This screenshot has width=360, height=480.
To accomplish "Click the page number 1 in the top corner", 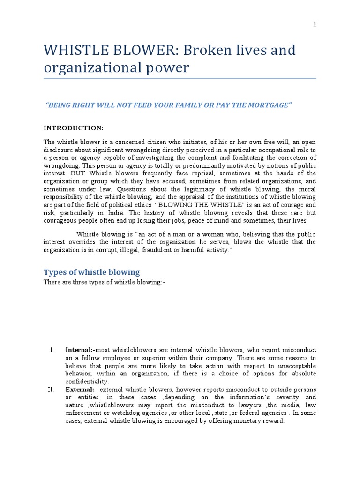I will (x=315, y=25).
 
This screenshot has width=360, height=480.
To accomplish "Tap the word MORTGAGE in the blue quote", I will (x=270, y=105).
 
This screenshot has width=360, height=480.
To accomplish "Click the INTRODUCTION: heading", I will (x=74, y=128).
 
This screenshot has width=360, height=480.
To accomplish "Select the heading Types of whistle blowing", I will (x=91, y=272).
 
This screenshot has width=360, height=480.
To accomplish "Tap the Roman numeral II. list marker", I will (x=52, y=390).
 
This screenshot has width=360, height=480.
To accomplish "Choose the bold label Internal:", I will (x=79, y=350).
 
